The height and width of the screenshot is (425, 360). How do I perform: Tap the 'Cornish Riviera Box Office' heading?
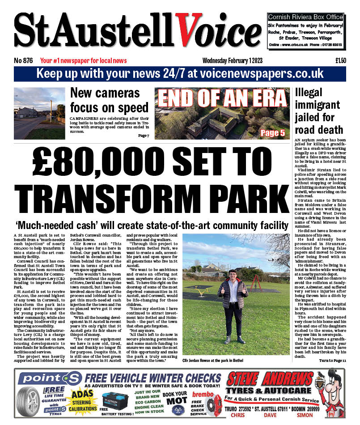point(305,17)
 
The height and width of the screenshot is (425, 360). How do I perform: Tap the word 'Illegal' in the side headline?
point(311,93)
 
